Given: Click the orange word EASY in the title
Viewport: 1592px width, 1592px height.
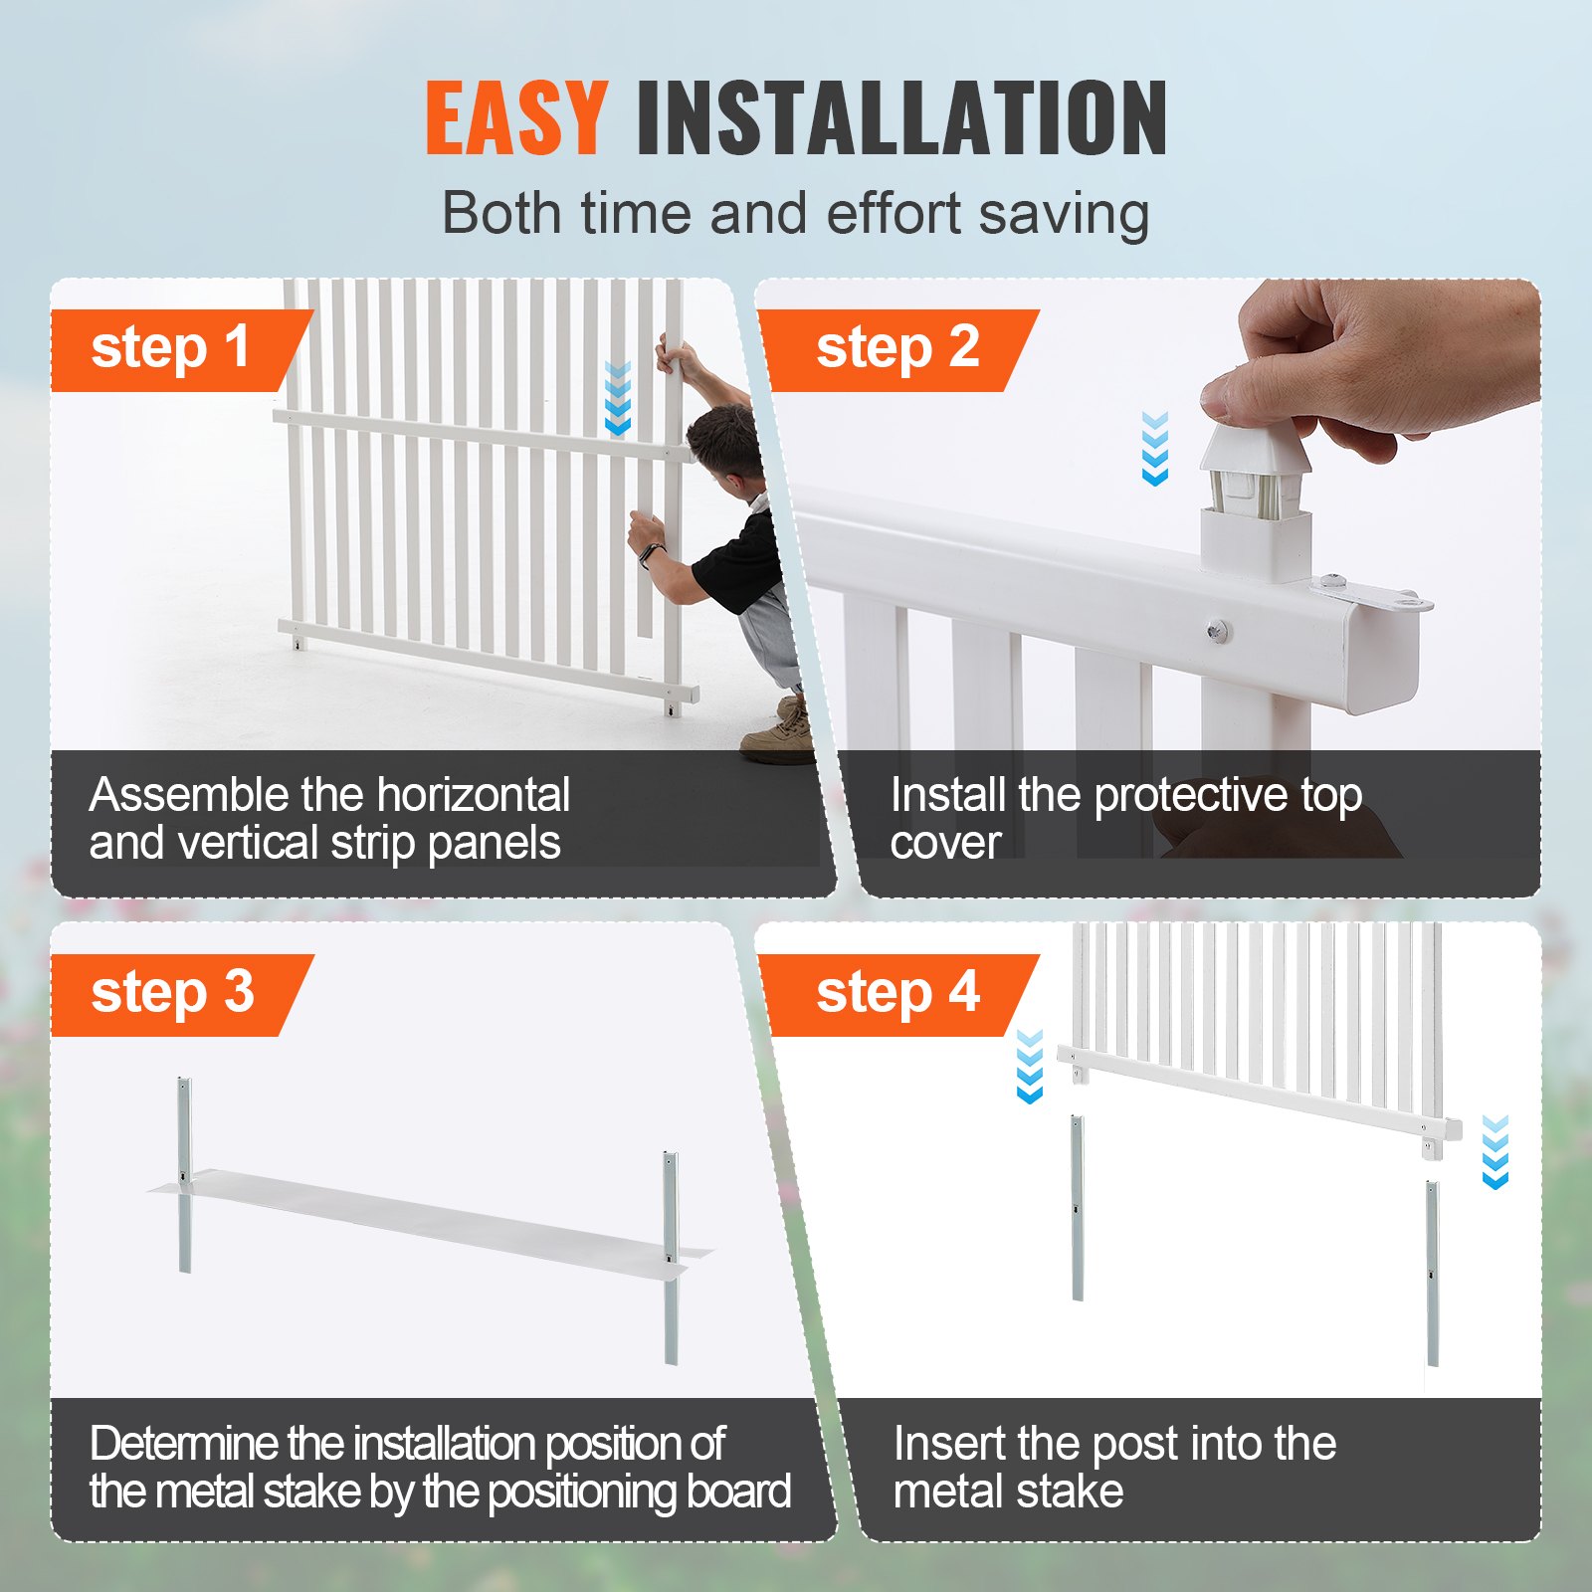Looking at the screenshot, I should pos(516,118).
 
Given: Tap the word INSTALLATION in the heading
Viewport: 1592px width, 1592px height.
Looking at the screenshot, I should pos(901,118).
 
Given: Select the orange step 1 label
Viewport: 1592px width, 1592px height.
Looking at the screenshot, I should pos(170,349).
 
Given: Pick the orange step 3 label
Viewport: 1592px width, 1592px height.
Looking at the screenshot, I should pos(172,994).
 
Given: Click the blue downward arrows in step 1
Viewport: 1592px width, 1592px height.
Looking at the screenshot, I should pos(618,399).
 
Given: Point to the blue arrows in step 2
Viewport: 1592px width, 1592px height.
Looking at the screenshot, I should pos(1154,449).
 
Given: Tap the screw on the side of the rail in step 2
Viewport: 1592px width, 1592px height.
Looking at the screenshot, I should pos(1216,630).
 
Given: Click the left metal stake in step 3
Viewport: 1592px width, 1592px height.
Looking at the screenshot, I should pos(185,1174).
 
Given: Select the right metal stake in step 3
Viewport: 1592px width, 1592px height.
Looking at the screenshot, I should pos(672,1259).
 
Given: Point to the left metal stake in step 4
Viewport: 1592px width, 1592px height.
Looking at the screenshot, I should pos(1078,1208).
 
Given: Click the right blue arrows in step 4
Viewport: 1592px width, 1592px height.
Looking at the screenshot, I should pos(1494,1152).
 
